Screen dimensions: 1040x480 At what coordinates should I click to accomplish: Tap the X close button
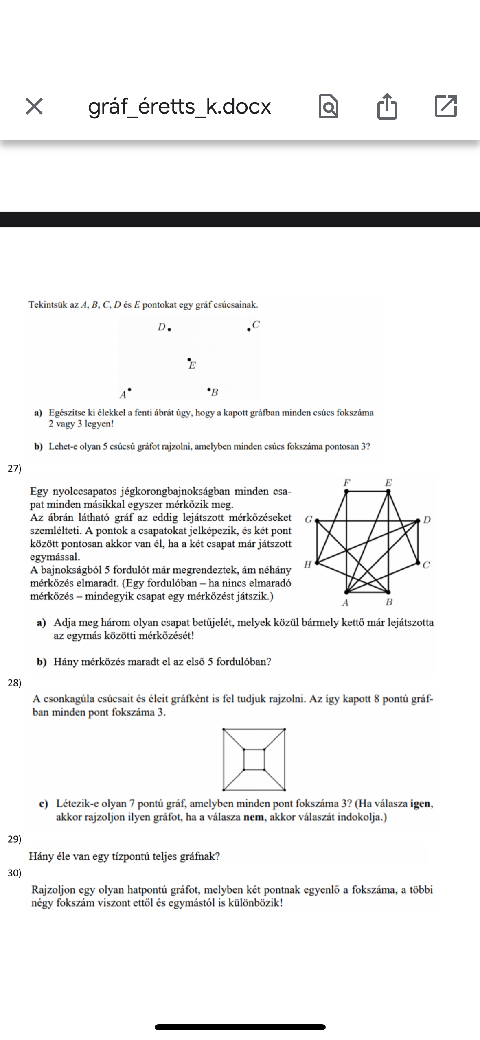[x=34, y=107]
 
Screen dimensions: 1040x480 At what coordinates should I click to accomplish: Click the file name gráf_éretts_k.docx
[x=180, y=107]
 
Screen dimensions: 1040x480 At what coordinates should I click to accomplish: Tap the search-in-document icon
[x=328, y=107]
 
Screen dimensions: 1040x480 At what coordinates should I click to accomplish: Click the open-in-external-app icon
[x=446, y=107]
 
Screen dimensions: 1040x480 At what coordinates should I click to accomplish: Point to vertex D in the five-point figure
[x=169, y=329]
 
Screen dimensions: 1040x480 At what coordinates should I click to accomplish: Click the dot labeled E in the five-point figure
[x=188, y=360]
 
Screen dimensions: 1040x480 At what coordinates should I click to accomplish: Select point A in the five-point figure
[x=129, y=390]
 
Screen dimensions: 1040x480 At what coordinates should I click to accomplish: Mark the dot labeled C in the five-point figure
[x=249, y=329]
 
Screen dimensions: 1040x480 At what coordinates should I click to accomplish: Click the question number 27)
[x=15, y=468]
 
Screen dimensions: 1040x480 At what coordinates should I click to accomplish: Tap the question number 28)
[x=15, y=683]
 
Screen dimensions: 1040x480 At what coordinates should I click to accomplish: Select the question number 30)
[x=15, y=873]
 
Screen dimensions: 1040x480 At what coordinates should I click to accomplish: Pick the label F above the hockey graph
[x=346, y=483]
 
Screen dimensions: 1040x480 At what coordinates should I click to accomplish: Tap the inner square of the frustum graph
[x=254, y=760]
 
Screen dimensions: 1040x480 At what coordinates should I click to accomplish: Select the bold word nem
[x=253, y=817]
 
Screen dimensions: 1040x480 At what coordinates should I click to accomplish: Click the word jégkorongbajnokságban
[x=177, y=492]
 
